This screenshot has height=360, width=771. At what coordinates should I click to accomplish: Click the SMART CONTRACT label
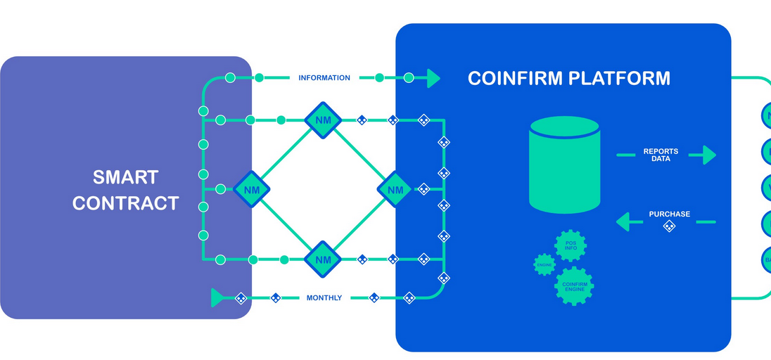pos(125,190)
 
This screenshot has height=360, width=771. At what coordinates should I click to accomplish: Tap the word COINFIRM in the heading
pos(512,78)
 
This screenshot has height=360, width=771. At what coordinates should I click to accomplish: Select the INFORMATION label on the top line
pos(324,78)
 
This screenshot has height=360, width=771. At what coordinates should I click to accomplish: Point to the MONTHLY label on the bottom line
pos(324,298)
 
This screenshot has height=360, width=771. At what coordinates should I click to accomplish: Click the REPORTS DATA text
pos(661,155)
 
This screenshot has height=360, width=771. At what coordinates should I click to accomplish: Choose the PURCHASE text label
pos(669,214)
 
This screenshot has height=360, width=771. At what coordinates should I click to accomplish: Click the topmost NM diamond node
pos(323,120)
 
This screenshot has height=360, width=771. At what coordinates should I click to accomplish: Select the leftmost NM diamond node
pos(251,189)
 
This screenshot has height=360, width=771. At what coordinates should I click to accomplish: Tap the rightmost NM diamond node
pos(395,189)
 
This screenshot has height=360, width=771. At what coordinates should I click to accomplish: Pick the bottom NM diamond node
pos(323,259)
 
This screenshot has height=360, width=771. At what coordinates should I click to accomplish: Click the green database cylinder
pos(564,165)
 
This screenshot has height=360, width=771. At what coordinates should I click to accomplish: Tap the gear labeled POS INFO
pos(571,246)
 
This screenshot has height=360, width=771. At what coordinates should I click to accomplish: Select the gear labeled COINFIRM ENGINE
pos(574,286)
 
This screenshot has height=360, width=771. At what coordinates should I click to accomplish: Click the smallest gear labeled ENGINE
pos(544,264)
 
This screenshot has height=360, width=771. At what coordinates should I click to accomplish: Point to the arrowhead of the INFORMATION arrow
pos(432,78)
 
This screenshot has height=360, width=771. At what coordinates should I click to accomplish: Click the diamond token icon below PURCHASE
pos(669,226)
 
